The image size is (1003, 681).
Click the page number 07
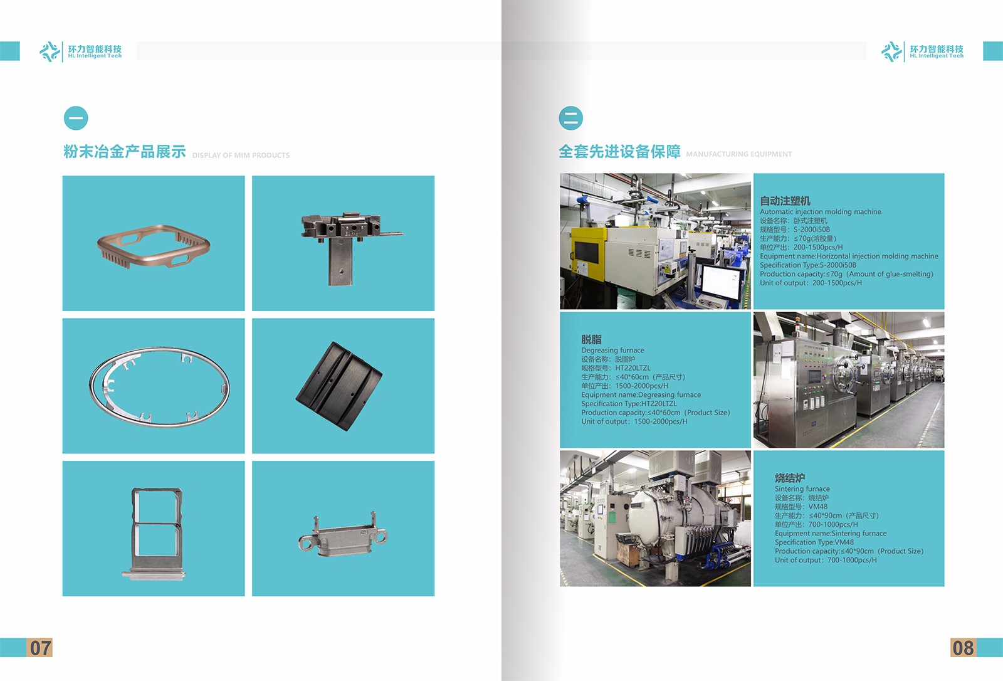click(x=40, y=648)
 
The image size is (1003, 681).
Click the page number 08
click(x=963, y=648)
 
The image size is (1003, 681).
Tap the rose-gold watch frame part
click(x=153, y=246)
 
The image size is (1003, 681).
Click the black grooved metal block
click(x=339, y=386)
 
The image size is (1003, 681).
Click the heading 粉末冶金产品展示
click(x=125, y=152)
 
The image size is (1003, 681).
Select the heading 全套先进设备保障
click(x=620, y=152)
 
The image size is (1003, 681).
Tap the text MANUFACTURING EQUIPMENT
click(x=739, y=154)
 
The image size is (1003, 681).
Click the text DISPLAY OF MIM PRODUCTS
click(x=241, y=156)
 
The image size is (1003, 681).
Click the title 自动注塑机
click(x=785, y=201)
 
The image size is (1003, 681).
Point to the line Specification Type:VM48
click(x=814, y=542)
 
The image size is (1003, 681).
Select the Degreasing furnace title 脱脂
click(x=592, y=339)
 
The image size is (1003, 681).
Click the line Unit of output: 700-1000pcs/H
click(x=826, y=560)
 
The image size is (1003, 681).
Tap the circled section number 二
click(x=571, y=119)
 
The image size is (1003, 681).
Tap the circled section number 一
click(x=76, y=119)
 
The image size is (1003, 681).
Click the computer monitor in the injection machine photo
click(x=721, y=282)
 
